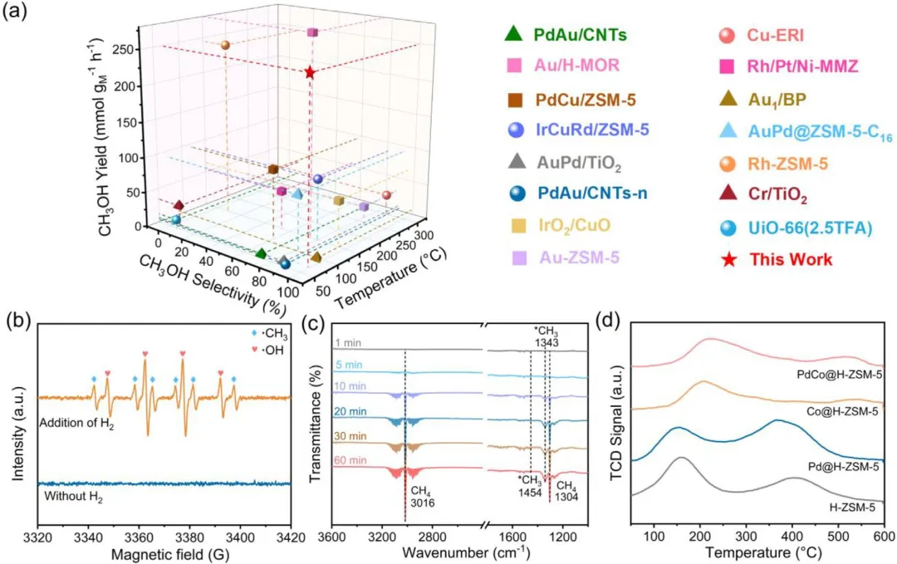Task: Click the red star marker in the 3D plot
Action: click(x=310, y=73)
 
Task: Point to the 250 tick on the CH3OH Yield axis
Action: click(x=126, y=49)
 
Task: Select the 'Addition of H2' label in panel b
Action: click(x=76, y=424)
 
